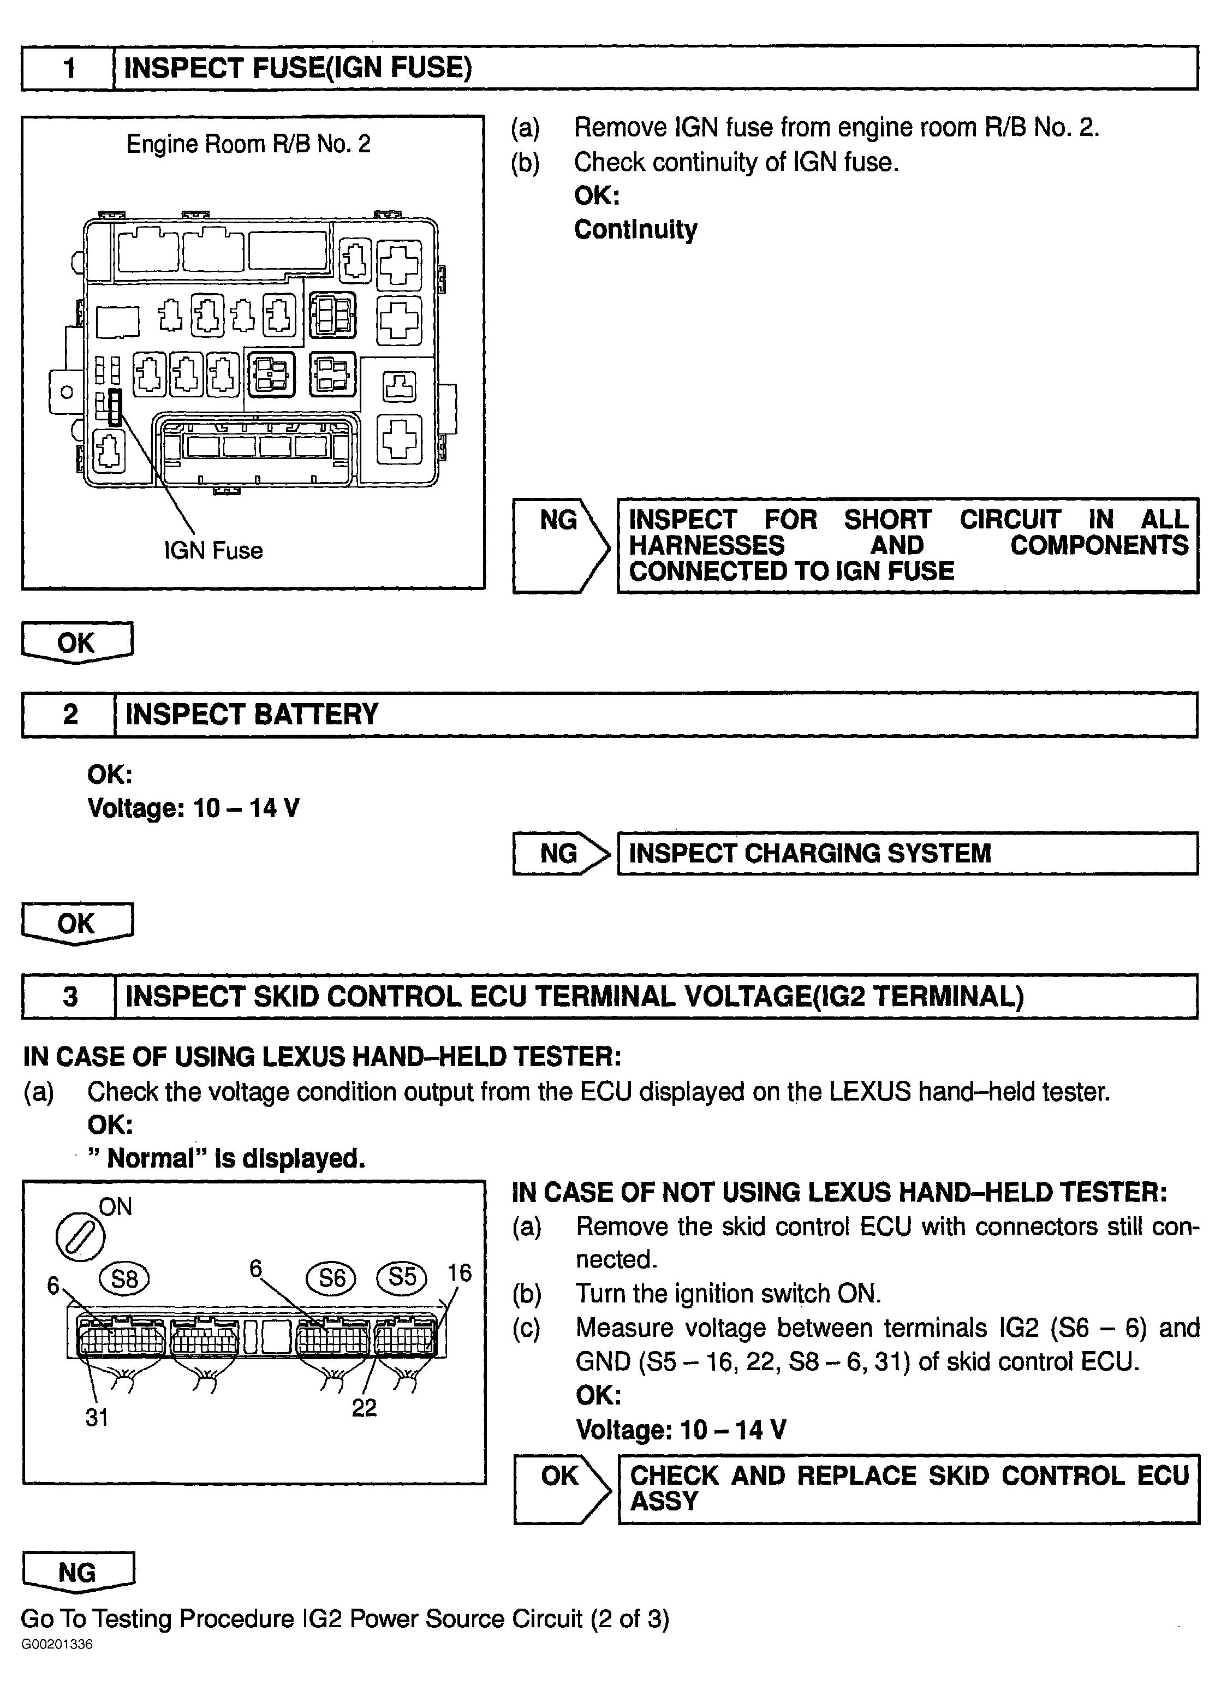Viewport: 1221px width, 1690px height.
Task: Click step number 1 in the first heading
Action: (x=69, y=69)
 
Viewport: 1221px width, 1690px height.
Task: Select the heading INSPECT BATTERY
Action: (x=252, y=714)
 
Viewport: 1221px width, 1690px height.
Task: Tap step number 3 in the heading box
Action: (x=70, y=996)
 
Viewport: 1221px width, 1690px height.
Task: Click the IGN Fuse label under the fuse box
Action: (x=213, y=551)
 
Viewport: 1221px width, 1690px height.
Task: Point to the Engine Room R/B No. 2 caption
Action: (x=248, y=144)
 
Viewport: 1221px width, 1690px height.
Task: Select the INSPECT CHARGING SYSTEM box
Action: (x=907, y=853)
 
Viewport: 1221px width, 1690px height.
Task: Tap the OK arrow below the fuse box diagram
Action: (x=77, y=642)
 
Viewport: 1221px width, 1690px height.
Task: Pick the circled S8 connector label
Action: (x=124, y=1278)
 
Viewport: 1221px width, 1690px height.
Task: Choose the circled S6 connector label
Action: (x=331, y=1278)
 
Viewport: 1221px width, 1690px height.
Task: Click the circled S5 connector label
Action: (x=402, y=1277)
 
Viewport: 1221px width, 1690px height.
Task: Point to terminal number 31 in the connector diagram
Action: (x=97, y=1417)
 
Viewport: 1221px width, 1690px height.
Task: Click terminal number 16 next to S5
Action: (x=460, y=1273)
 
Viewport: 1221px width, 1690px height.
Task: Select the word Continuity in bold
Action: (x=635, y=229)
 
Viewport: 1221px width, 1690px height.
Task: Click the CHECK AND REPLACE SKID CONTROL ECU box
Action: (x=908, y=1489)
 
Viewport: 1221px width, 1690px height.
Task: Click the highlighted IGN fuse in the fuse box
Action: (x=114, y=408)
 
